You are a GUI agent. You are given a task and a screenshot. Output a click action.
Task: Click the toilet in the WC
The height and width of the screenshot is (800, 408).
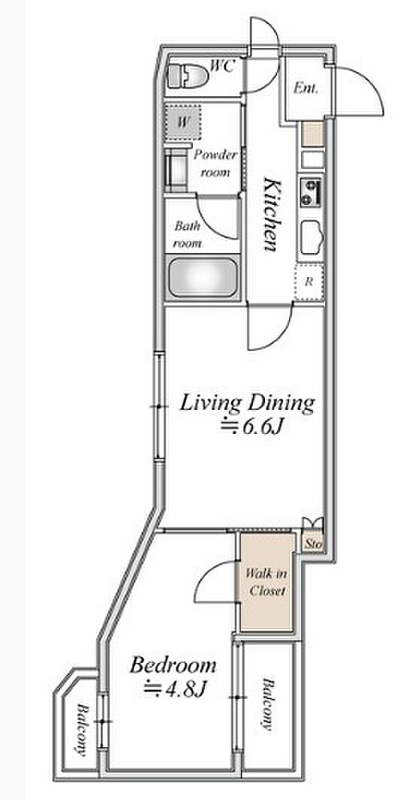click(187, 76)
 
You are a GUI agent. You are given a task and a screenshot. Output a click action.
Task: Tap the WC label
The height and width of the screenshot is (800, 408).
click(222, 66)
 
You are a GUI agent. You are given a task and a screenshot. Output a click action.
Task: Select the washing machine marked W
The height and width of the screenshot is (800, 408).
click(183, 121)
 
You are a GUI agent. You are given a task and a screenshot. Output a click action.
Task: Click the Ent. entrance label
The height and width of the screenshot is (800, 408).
click(306, 88)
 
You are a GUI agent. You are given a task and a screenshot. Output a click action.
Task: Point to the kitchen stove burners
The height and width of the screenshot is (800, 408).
click(311, 192)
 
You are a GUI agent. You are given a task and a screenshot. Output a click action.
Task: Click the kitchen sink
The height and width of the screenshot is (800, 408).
click(311, 237)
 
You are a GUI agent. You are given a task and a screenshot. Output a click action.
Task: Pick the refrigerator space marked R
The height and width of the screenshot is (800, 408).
click(309, 282)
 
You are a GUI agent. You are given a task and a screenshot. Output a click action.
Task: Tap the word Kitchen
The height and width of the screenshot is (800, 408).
click(271, 214)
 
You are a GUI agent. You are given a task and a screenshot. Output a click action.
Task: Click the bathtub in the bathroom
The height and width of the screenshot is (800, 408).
click(203, 277)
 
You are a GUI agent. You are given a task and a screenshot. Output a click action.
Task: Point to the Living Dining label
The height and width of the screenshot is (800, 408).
click(248, 404)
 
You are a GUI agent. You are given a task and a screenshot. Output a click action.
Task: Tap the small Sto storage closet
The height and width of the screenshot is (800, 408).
click(313, 543)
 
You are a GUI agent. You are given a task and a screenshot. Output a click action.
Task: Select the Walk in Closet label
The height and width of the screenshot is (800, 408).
click(266, 582)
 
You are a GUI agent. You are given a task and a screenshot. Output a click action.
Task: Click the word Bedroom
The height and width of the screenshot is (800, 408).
click(173, 666)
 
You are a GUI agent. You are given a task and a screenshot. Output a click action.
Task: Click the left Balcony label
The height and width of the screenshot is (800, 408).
click(81, 729)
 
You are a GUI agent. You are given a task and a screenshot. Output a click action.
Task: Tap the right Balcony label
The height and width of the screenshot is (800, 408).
click(268, 704)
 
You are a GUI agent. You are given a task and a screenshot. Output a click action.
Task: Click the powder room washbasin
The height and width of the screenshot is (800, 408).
click(176, 170)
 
